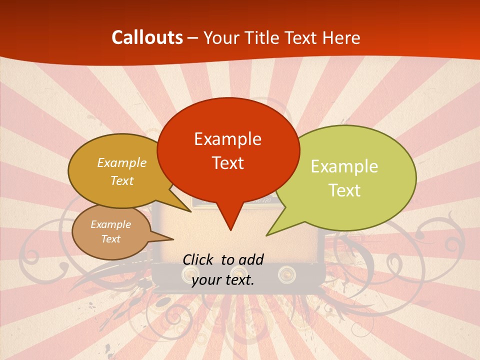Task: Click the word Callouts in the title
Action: coord(147,37)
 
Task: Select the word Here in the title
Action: coord(341,37)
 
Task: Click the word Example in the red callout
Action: coord(227,139)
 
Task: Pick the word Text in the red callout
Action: coord(227,163)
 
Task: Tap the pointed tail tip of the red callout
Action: coord(230,230)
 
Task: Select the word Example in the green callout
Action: coord(344,166)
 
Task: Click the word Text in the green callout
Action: coord(344,190)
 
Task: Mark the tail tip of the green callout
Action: coord(266,235)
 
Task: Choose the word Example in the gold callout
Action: coord(121,162)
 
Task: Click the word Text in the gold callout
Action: coord(121,180)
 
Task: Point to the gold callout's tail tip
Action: coord(191,212)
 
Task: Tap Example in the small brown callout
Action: coord(110,224)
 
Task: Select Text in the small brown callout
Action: coord(110,239)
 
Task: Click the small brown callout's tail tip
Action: coord(173,239)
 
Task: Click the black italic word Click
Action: coord(199,259)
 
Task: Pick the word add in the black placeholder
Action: coord(250,259)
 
